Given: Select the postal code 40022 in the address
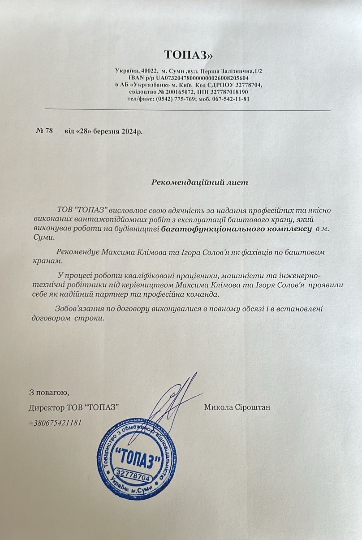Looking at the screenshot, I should tap(148, 71).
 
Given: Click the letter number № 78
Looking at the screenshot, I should tap(44, 131).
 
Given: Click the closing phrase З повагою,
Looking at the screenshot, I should tap(49, 393).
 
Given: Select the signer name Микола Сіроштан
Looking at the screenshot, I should tap(237, 407).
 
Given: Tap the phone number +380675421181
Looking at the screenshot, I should tap(55, 423).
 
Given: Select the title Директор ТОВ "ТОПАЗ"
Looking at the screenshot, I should tap(73, 407).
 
